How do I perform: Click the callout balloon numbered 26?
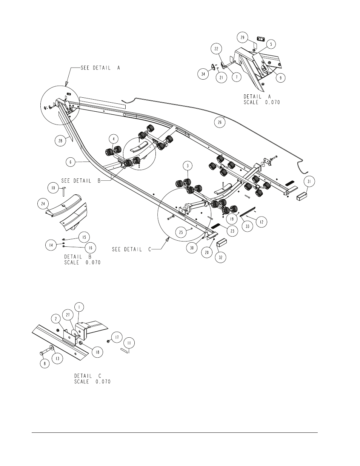click(220, 122)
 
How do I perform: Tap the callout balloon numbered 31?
click(309, 181)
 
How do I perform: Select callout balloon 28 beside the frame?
click(60, 141)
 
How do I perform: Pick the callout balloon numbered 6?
click(71, 162)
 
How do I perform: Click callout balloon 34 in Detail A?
click(203, 74)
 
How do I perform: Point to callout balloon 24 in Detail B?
click(43, 203)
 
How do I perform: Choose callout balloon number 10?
click(53, 188)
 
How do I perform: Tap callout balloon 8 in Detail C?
click(45, 363)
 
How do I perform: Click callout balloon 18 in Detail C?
click(98, 352)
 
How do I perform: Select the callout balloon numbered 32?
click(221, 257)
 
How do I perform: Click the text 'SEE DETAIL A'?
click(100, 68)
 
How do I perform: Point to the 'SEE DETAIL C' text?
click(132, 249)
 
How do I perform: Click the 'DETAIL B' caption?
click(78, 257)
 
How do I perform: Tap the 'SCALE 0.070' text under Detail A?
click(262, 102)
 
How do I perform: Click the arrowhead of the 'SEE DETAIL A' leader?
click(66, 83)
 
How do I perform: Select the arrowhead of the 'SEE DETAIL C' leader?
click(167, 240)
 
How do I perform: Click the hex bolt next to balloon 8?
click(45, 352)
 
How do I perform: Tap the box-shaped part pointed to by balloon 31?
click(302, 196)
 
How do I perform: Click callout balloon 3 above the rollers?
click(188, 166)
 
